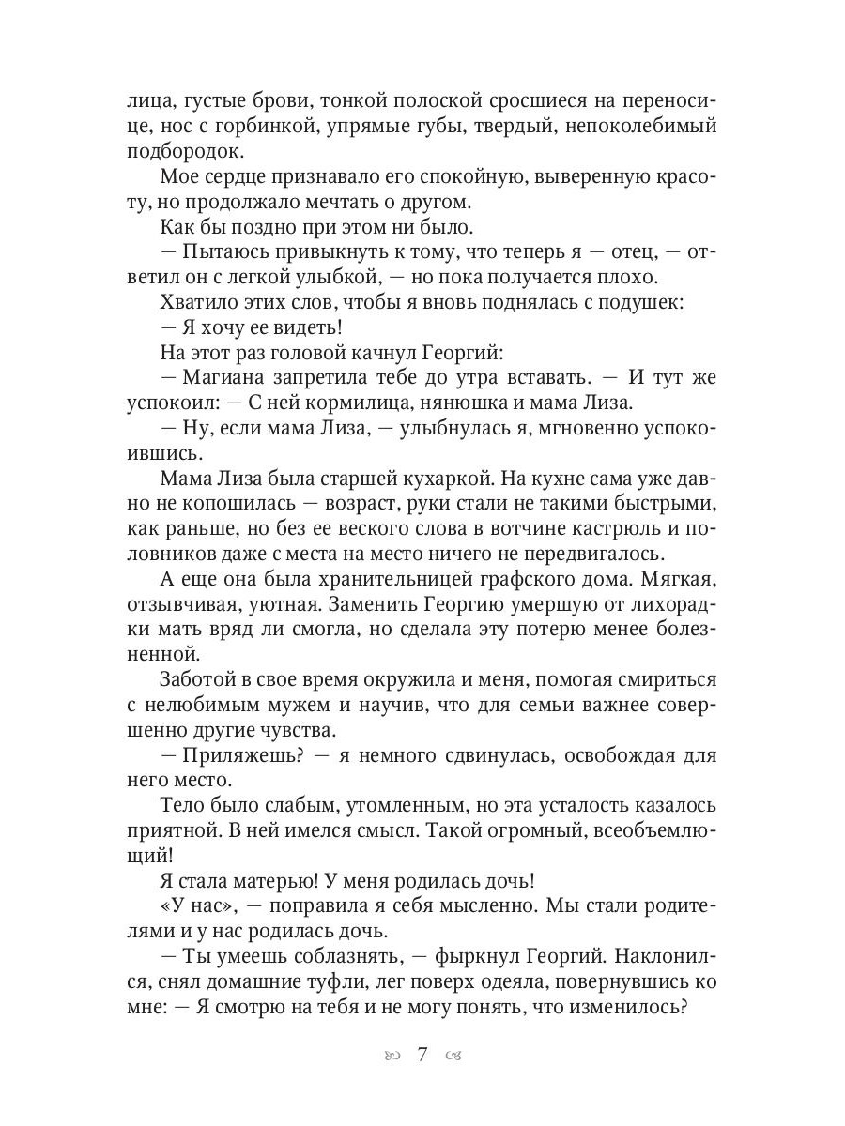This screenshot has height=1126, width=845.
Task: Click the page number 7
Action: (x=422, y=1055)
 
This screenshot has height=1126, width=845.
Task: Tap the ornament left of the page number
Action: (x=391, y=1057)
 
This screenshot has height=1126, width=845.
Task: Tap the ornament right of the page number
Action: (x=454, y=1057)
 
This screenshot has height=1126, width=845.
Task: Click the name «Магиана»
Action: (x=226, y=378)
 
